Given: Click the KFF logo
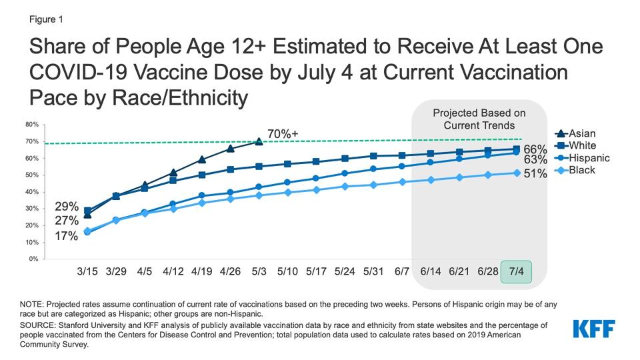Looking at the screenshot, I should (x=593, y=328).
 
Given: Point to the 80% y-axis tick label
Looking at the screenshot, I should (x=31, y=124).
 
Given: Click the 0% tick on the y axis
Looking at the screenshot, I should (x=33, y=259).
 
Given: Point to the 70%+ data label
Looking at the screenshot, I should (x=283, y=134).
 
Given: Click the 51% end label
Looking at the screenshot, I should (x=536, y=174).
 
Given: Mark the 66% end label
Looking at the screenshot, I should (x=536, y=149).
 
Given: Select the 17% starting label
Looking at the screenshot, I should (x=67, y=235).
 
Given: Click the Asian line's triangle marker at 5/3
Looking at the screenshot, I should (x=259, y=141).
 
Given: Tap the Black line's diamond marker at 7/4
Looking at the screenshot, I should (x=516, y=173).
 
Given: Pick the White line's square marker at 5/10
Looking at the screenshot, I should (x=287, y=163).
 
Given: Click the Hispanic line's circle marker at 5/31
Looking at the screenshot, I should (x=373, y=169).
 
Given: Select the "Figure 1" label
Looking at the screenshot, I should (x=47, y=19).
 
